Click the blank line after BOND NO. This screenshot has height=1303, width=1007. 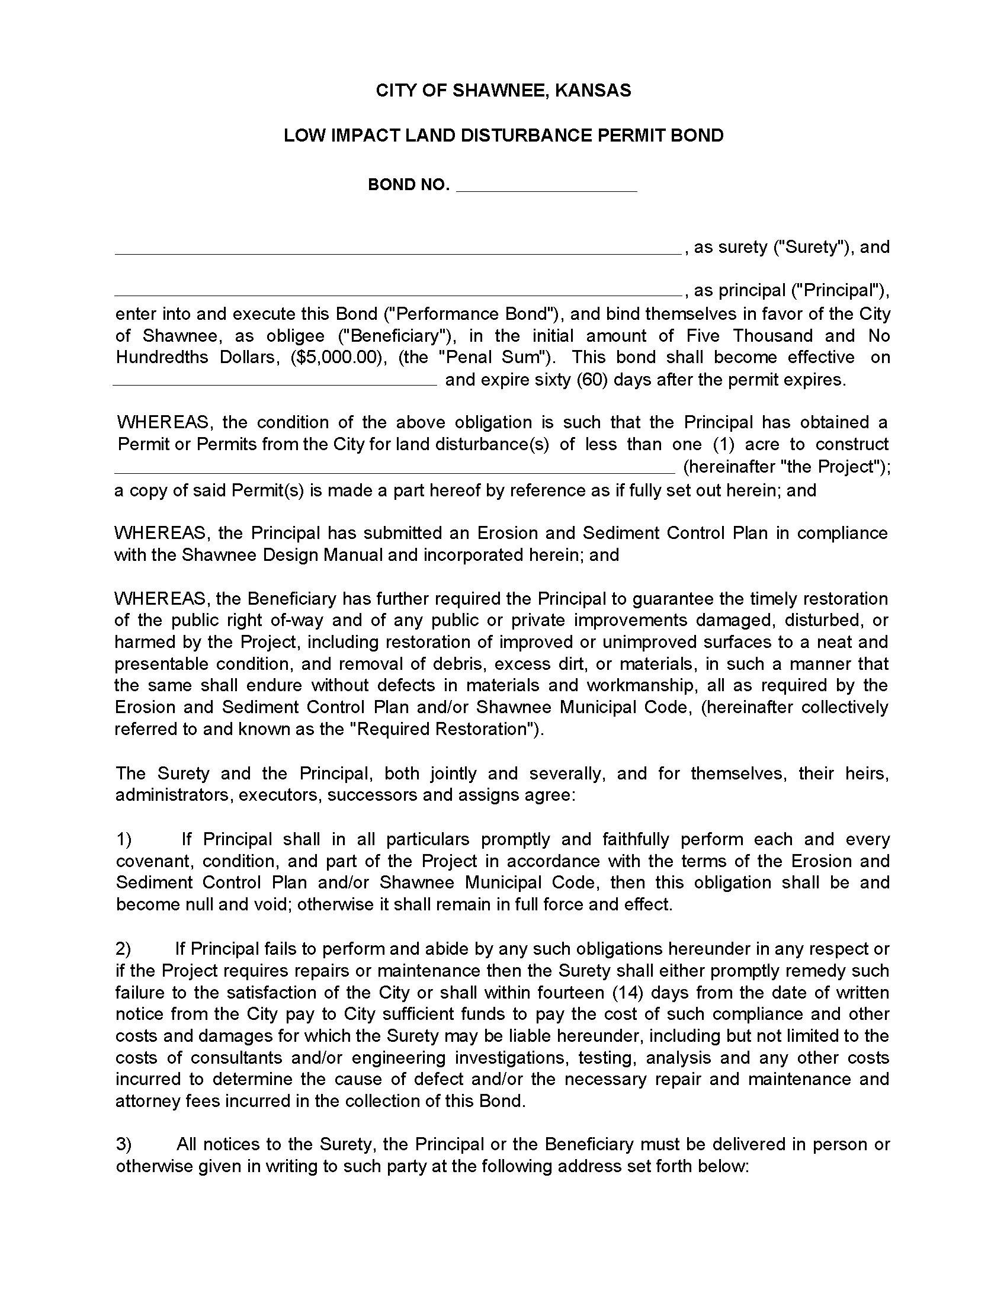coord(547,190)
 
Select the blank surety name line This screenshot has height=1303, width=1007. coord(397,252)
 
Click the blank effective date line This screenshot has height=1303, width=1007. coord(275,384)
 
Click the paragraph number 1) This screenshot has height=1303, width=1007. coord(123,839)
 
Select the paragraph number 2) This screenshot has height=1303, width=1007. coord(123,949)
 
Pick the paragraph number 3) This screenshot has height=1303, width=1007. coord(123,1144)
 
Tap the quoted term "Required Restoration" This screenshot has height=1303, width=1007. coord(444,729)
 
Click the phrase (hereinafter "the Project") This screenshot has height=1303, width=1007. coord(785,467)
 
